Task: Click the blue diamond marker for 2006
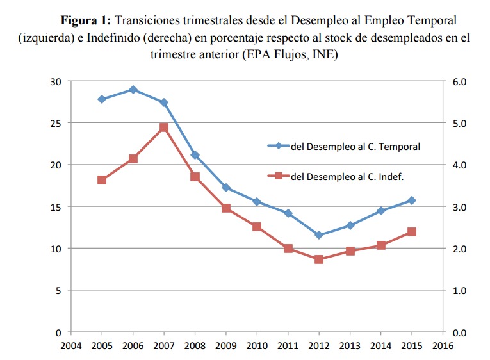click(133, 90)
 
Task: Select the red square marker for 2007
click(163, 127)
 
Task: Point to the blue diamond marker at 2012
click(319, 235)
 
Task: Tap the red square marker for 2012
click(319, 259)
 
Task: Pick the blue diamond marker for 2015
click(412, 200)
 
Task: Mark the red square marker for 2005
click(102, 180)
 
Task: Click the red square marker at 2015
click(412, 232)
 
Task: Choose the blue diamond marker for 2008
click(195, 155)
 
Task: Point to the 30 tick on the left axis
click(56, 81)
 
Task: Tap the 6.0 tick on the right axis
click(461, 81)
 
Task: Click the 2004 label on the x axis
click(70, 346)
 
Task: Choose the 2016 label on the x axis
click(443, 346)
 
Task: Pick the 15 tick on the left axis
click(56, 207)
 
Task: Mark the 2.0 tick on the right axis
click(461, 249)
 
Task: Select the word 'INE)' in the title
click(325, 54)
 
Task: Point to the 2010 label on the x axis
click(257, 346)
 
